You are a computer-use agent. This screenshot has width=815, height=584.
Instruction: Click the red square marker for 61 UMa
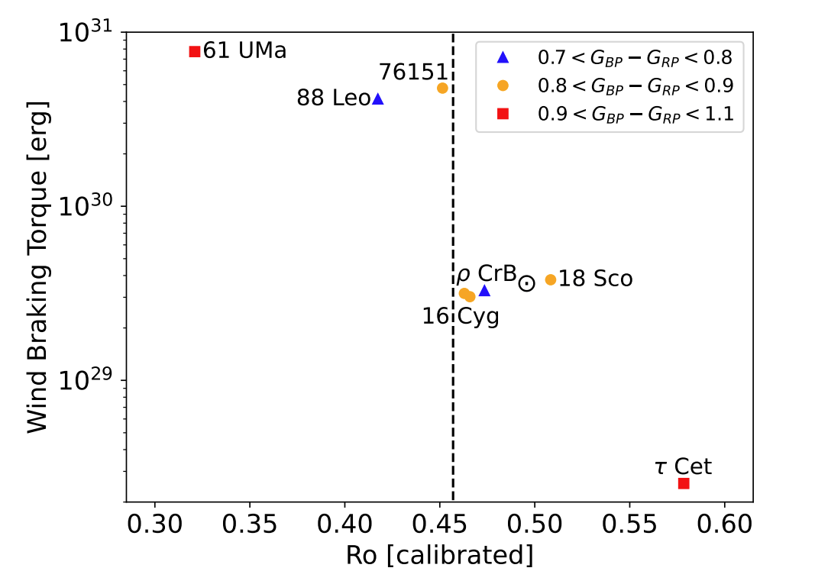coord(195,51)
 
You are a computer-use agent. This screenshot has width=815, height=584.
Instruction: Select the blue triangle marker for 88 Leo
coord(378,99)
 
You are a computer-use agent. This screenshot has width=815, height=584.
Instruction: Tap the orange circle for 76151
coord(442,88)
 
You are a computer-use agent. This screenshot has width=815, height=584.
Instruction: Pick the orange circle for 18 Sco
coord(551,279)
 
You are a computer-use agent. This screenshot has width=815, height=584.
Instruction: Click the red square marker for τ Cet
coord(684,483)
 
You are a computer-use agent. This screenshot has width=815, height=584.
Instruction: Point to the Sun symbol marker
coord(527,283)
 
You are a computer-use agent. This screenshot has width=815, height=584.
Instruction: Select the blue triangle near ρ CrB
coord(484,291)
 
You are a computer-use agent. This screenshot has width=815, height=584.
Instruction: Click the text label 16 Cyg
coord(461,317)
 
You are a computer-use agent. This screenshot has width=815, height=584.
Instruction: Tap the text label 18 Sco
coord(596,279)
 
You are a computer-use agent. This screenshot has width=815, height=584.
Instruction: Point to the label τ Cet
coord(683,466)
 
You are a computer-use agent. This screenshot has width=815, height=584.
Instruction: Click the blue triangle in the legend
coord(503,56)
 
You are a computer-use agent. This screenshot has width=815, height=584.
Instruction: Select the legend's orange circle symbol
coord(503,86)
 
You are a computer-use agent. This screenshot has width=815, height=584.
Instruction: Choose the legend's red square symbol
coord(503,114)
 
